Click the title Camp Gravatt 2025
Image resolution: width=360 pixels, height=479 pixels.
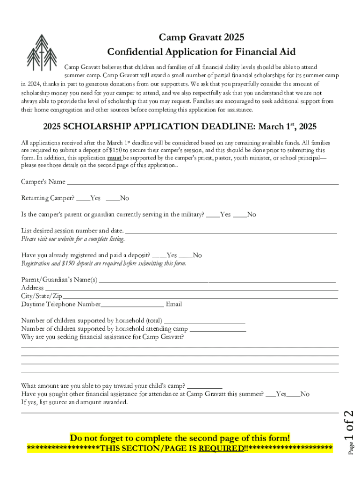point(201,37)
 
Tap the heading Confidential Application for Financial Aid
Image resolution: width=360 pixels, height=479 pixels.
point(201,51)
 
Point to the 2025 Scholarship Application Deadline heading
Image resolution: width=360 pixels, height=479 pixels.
point(180,126)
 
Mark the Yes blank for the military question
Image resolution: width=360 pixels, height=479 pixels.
point(212,216)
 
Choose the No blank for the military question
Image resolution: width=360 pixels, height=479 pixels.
point(239,216)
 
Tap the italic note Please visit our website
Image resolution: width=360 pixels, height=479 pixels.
point(73,239)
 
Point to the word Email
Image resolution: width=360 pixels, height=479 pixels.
point(174,305)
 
